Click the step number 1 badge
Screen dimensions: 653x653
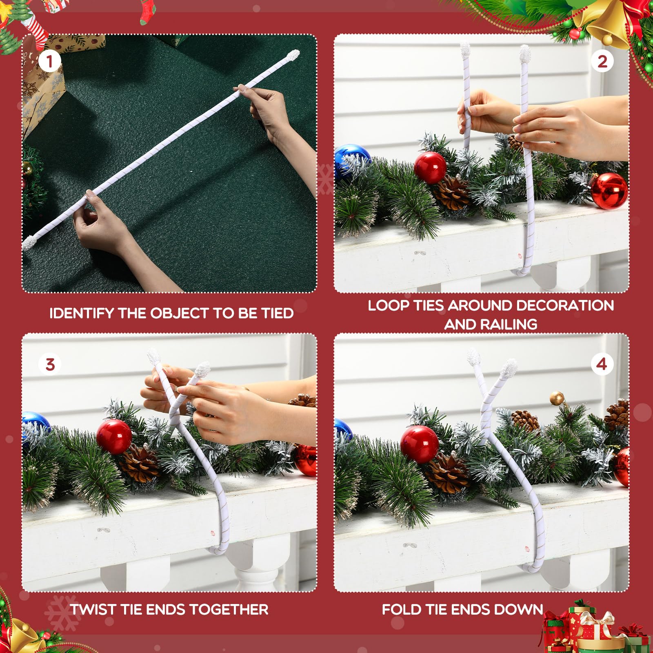tap(50, 62)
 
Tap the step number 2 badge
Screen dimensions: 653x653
tap(602, 62)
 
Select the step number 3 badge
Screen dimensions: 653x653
tap(50, 364)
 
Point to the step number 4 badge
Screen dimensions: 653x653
tap(602, 364)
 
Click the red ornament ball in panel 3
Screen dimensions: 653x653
tap(114, 436)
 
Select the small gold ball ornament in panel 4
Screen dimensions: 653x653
tap(557, 398)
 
